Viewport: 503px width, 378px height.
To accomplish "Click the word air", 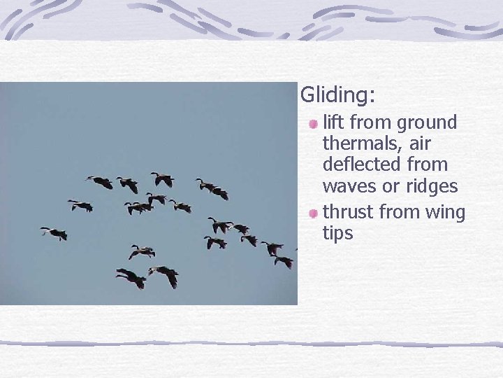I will click(418, 144).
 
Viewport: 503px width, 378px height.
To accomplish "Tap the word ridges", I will click(435, 187).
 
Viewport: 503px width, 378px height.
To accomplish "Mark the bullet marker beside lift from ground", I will click(314, 124).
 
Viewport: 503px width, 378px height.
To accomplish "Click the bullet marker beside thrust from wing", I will click(314, 213).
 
